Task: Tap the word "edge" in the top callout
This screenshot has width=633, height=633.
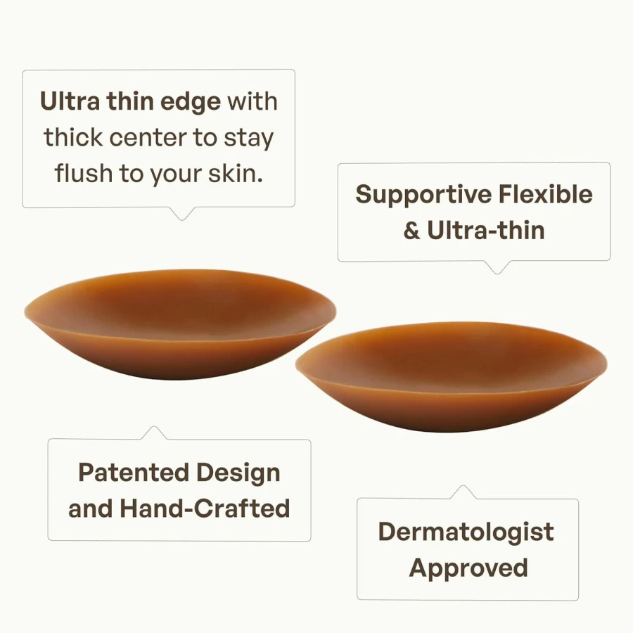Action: click(x=191, y=103)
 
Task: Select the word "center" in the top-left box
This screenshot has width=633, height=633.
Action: click(x=148, y=138)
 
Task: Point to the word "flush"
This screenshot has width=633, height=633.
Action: click(x=84, y=174)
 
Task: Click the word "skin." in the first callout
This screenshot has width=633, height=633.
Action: click(x=236, y=174)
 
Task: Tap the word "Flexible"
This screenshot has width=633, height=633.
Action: click(x=545, y=195)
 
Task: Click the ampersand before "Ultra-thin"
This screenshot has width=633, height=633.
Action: click(x=411, y=231)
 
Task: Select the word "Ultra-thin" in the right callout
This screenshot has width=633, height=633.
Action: click(x=486, y=231)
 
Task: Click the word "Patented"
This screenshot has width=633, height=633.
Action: click(x=134, y=473)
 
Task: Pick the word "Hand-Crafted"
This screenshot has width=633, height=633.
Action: click(x=205, y=509)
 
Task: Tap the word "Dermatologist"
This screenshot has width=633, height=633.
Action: click(x=466, y=533)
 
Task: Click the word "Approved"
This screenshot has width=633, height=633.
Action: click(x=468, y=569)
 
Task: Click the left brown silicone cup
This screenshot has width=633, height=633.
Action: click(x=180, y=324)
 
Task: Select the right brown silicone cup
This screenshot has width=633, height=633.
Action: click(x=452, y=377)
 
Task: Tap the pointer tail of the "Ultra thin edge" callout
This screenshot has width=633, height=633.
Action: click(x=182, y=214)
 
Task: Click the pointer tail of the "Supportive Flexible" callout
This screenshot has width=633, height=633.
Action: click(x=497, y=268)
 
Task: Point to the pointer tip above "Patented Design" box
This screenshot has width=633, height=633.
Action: click(x=154, y=426)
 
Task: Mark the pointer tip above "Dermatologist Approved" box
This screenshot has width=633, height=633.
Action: click(x=463, y=486)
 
